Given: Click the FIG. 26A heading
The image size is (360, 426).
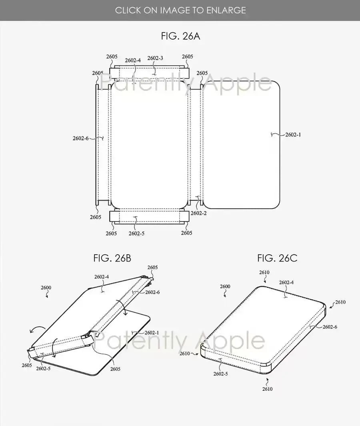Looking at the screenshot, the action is click(180, 36).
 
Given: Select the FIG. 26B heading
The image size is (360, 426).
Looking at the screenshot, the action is click(112, 258).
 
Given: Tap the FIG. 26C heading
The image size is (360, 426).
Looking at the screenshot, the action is click(277, 258).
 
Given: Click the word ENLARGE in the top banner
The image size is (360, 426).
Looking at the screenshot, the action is click(226, 10).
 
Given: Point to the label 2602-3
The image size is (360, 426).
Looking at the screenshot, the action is click(155, 58).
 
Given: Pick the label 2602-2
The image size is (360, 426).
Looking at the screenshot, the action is click(198, 213).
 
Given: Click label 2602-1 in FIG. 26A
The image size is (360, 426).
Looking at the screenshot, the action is click(293, 135).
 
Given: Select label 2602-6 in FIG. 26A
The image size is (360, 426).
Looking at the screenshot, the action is click(81, 138).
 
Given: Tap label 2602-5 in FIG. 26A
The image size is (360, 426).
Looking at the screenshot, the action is click(136, 234).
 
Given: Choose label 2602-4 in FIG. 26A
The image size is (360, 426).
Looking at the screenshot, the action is click(133, 60).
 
